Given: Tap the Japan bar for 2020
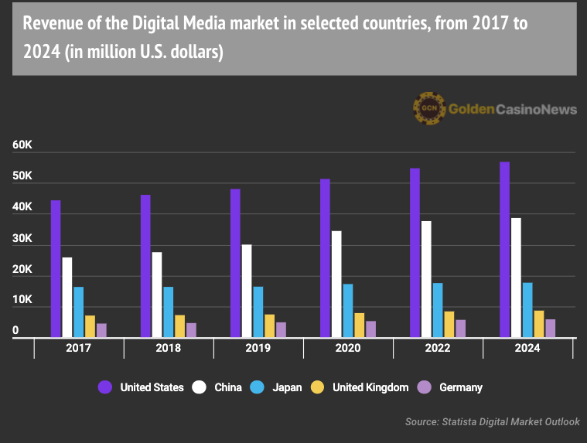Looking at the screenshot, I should point(348,311).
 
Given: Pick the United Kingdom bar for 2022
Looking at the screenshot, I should point(449,325).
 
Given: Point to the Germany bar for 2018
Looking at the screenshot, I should point(191,330).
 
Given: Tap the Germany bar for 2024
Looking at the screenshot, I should point(550,329).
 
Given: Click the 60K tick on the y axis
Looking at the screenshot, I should point(22,145).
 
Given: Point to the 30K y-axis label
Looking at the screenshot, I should point(22,238).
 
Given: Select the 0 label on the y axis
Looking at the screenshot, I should point(15,331).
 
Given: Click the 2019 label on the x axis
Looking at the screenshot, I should point(258,349).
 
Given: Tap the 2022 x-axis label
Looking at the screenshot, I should point(438,349).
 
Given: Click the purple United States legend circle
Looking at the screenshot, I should point(105,387).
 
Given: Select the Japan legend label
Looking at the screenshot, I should point(287,387).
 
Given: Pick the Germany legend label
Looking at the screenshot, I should point(460,387).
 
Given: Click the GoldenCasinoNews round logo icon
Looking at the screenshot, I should point(428,109).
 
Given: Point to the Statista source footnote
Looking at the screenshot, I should point(492,422).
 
